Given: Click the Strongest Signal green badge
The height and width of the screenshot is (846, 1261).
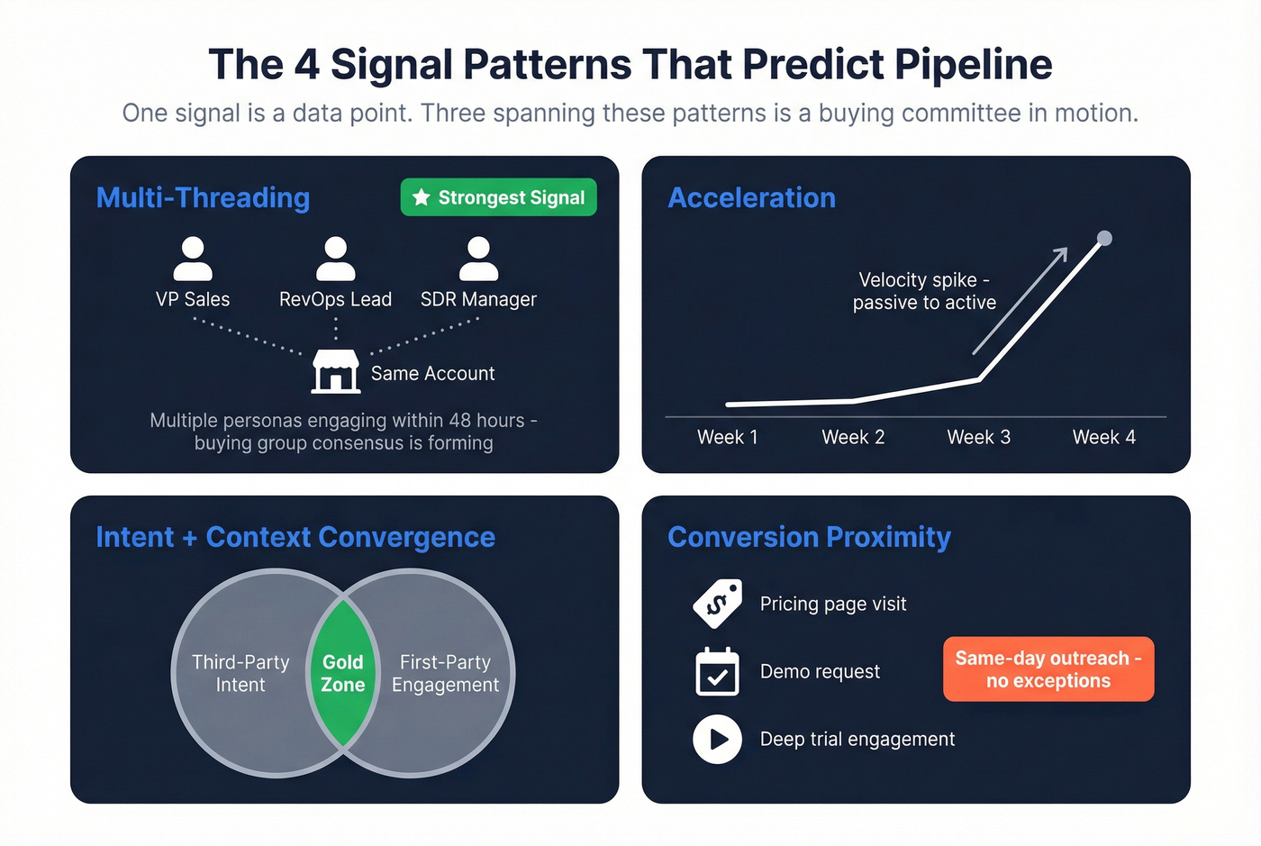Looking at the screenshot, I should pyautogui.click(x=498, y=197).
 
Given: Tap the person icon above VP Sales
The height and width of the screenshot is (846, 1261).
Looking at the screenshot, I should pyautogui.click(x=193, y=259).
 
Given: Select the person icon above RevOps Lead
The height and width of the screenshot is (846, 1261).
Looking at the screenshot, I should pyautogui.click(x=335, y=259).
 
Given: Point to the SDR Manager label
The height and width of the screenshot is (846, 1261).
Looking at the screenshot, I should pyautogui.click(x=478, y=299).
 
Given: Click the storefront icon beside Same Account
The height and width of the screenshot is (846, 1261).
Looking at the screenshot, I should pyautogui.click(x=335, y=371).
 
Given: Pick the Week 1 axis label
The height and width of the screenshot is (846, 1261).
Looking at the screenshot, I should pyautogui.click(x=727, y=437).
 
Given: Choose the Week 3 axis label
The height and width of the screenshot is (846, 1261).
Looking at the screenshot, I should pyautogui.click(x=978, y=437).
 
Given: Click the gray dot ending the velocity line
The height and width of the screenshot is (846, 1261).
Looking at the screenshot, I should pyautogui.click(x=1104, y=239).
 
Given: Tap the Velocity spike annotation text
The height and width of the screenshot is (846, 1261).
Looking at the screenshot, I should pyautogui.click(x=924, y=291).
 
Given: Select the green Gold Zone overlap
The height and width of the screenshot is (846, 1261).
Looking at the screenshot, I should pyautogui.click(x=342, y=673).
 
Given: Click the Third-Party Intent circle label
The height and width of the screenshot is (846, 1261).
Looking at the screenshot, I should pyautogui.click(x=240, y=673).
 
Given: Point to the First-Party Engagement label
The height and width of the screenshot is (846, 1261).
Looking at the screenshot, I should pyautogui.click(x=445, y=673).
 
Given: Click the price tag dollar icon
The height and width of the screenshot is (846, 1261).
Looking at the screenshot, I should pyautogui.click(x=717, y=604).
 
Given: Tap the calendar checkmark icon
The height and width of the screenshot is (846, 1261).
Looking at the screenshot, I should pyautogui.click(x=717, y=672).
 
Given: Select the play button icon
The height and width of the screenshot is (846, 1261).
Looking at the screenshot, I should pyautogui.click(x=717, y=739).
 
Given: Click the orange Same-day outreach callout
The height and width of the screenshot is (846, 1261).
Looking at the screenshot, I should pyautogui.click(x=1048, y=669).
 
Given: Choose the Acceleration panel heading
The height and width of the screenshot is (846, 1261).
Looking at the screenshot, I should pyautogui.click(x=751, y=197).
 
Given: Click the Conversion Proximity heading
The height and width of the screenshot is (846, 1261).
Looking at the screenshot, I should pyautogui.click(x=809, y=537).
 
